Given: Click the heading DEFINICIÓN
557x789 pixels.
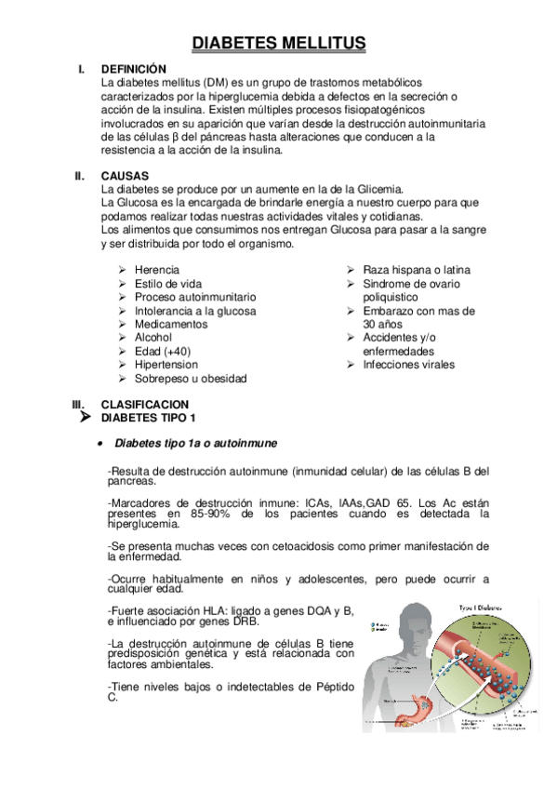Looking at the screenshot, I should point(133,69).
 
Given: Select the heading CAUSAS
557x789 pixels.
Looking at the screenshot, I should point(125,175).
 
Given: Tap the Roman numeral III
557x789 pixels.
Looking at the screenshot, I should point(79,405).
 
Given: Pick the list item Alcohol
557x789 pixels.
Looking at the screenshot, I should point(153,338).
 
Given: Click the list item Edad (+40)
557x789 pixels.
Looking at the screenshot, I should point(160,352).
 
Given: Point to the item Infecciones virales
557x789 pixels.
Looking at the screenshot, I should point(408,365).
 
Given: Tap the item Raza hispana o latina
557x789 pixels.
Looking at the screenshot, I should point(415,270).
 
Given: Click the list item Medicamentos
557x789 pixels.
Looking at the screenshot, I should point(170,325).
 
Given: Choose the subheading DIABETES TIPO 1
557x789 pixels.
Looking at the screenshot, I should point(148,418).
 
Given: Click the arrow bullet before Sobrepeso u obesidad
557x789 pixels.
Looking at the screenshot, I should point(123,379).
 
